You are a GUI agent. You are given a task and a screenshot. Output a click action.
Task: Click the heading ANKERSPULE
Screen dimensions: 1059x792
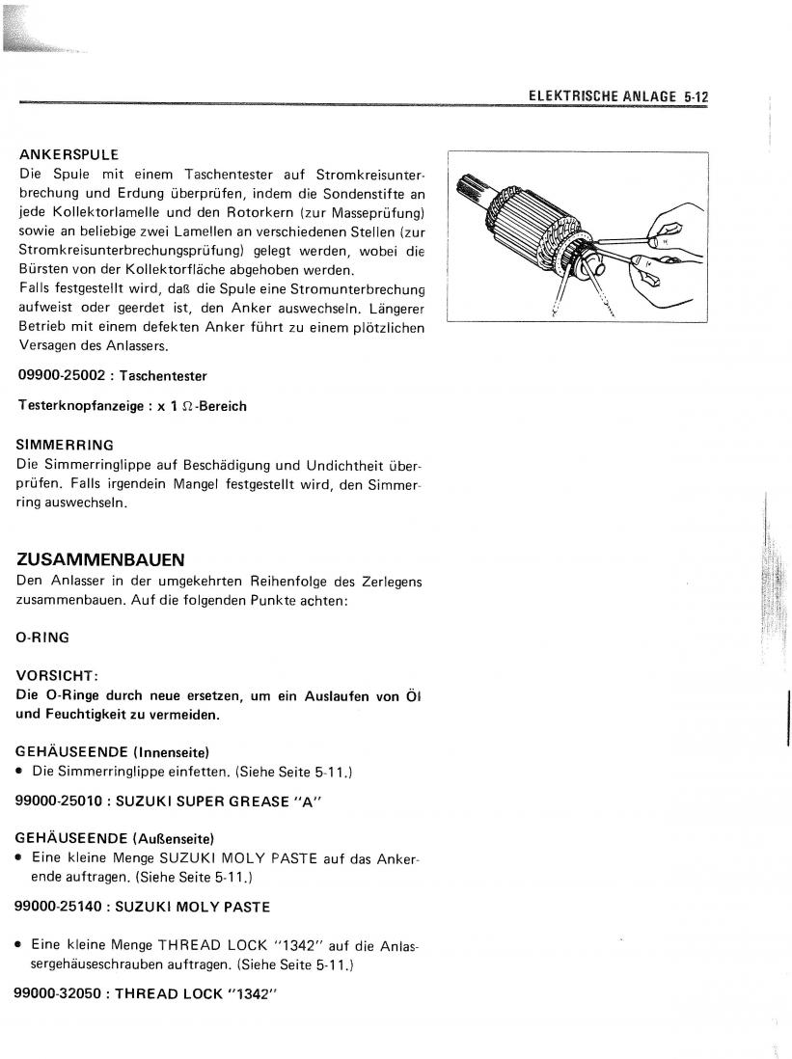pyautogui.click(x=68, y=155)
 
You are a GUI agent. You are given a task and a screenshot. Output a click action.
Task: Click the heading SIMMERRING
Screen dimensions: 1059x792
pyautogui.click(x=66, y=445)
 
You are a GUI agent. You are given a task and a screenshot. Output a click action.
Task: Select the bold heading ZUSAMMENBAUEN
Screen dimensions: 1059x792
pyautogui.click(x=101, y=559)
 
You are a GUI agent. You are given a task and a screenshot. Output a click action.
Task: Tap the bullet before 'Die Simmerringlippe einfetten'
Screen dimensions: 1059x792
pyautogui.click(x=20, y=772)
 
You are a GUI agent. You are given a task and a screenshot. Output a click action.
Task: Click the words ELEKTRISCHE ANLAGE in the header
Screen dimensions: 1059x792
pyautogui.click(x=602, y=96)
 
